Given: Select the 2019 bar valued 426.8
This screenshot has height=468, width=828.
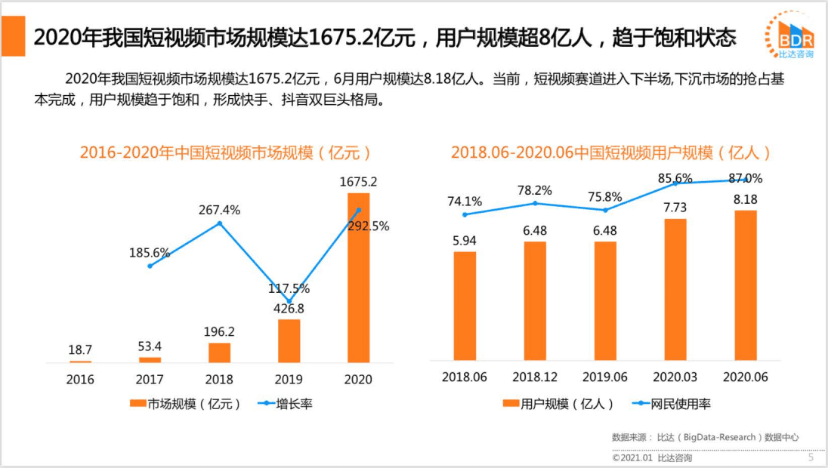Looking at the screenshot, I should [x=289, y=340].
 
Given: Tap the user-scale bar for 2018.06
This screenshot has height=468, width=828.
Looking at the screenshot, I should [x=465, y=306].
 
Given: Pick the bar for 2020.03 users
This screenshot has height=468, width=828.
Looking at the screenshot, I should [x=675, y=289].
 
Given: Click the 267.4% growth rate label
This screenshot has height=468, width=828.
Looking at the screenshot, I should [x=220, y=210].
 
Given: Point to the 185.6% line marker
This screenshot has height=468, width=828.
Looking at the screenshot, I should [x=150, y=266].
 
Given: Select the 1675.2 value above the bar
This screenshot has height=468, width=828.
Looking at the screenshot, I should [x=358, y=182].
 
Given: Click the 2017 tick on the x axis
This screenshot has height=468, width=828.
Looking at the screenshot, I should [x=150, y=380].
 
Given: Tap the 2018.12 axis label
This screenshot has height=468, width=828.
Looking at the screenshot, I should [x=535, y=377].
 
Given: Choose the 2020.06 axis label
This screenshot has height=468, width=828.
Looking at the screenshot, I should [x=746, y=377].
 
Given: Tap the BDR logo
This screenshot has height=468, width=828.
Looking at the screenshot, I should [x=794, y=35].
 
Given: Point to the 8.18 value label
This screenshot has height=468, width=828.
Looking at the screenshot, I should [x=746, y=199].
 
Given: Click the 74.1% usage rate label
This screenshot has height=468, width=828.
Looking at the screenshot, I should [x=465, y=201].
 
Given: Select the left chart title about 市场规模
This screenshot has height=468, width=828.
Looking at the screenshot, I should [x=227, y=152].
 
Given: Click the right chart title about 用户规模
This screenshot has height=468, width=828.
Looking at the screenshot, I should [x=611, y=152].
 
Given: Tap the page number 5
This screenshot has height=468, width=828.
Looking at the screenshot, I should [x=811, y=457].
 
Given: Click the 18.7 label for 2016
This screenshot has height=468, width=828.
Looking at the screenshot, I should [x=80, y=350].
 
